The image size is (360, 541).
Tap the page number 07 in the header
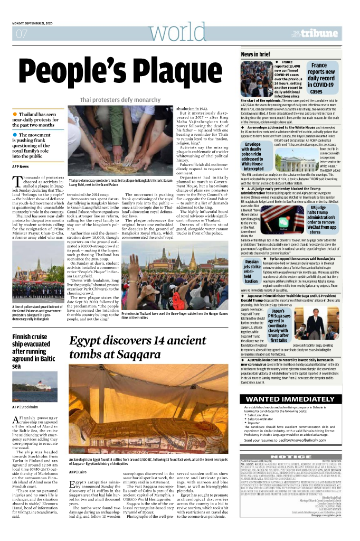click(22, 34)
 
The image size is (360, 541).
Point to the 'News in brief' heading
click(256, 54)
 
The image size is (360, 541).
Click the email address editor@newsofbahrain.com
click(308, 440)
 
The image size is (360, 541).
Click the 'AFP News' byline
click(21, 167)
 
